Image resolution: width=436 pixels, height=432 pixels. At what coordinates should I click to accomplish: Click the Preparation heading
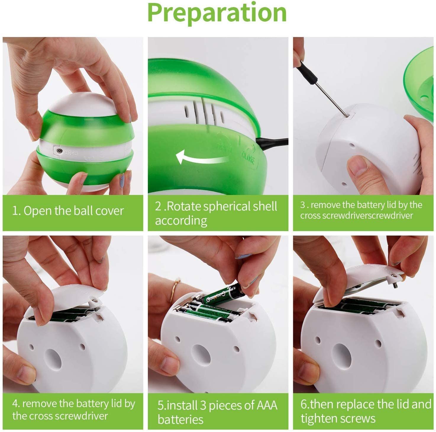point(217,13)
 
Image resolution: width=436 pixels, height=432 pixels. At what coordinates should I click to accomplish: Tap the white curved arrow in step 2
point(201,157)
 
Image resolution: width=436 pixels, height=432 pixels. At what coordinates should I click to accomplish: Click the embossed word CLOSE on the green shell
point(248,158)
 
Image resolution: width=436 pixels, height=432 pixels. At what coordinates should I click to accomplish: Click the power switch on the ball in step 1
point(59,151)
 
